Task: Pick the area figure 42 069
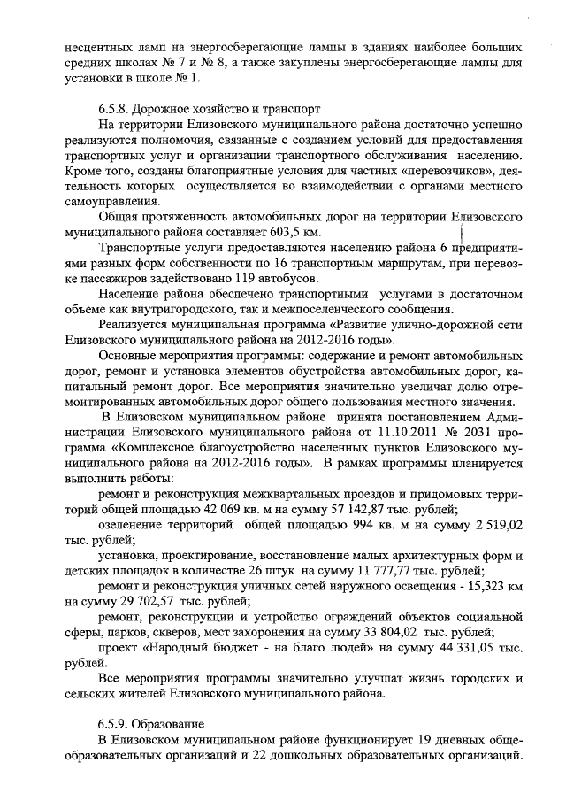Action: (x=265, y=509)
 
